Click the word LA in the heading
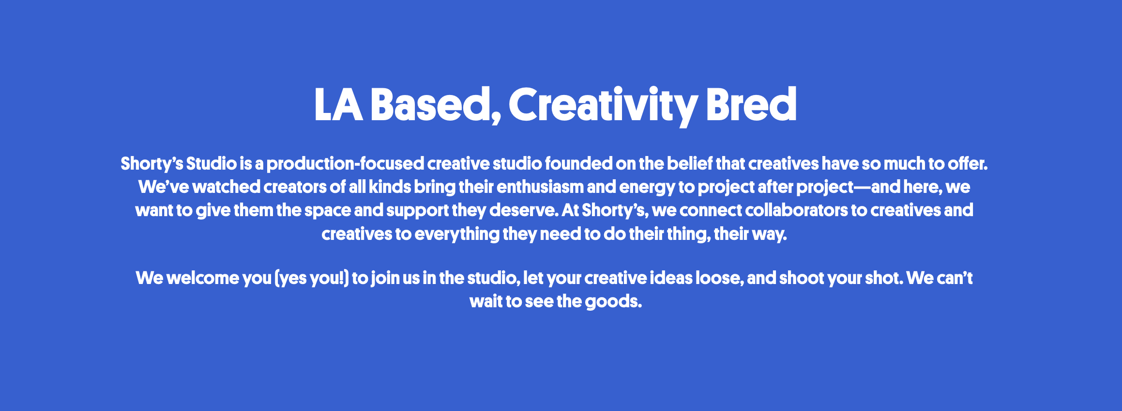point(338,105)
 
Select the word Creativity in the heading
point(603,106)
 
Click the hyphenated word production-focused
point(345,164)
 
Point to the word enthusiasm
point(540,187)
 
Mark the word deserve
point(524,210)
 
